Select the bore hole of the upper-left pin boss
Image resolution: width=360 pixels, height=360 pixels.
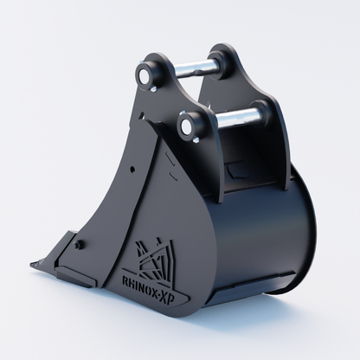tap(144, 74)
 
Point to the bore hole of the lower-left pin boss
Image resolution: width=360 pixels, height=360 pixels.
tap(185, 126)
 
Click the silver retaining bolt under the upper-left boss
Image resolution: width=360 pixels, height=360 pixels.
tap(153, 89)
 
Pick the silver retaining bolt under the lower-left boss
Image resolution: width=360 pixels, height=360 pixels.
tap(195, 140)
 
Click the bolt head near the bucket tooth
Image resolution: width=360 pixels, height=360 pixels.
tap(77, 244)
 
